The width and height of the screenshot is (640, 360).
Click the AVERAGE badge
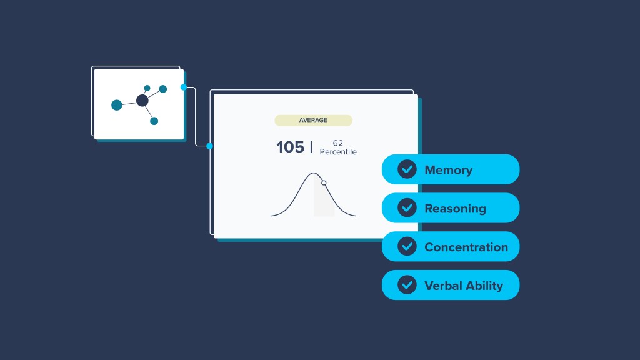pos(313,120)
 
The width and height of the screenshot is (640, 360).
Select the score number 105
pos(290,147)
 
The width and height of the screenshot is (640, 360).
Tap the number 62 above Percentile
pos(338,143)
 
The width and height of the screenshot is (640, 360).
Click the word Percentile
pos(338,152)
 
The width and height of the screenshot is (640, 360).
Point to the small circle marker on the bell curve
pos(324,182)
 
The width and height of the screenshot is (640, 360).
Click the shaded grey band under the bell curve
pos(324,203)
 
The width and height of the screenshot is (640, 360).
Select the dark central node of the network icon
pos(142,100)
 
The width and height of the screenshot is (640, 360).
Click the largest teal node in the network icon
pos(117,105)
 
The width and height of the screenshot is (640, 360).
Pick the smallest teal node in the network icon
pos(147,88)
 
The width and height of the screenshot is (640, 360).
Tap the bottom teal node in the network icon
pos(154,121)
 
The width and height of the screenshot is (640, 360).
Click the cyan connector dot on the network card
pos(184,87)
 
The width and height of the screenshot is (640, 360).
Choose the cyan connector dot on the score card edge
pos(209,146)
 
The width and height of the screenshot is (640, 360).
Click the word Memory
pos(448,170)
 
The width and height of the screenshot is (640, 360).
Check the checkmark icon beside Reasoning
pos(407,208)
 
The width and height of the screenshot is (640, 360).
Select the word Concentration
pos(466,247)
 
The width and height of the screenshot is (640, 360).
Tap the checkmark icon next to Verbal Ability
pos(407,285)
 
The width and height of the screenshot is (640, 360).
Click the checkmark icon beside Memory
pos(407,169)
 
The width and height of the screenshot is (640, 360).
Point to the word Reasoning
pos(455,209)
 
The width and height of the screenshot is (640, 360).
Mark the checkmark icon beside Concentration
pos(407,247)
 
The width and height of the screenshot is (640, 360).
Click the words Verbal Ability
pos(464,286)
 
